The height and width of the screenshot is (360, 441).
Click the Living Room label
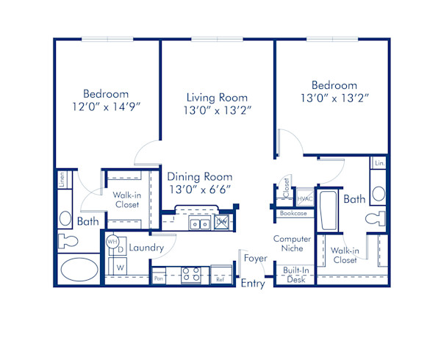coord(217,98)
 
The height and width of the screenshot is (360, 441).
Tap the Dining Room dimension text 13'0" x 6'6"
coord(200,189)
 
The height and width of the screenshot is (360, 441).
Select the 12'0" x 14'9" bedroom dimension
coord(106,106)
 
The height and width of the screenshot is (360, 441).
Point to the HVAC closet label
coord(305,199)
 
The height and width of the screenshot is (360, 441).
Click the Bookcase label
coord(293,213)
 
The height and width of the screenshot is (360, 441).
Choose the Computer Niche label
coord(293,243)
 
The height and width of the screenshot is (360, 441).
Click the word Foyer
coord(256,259)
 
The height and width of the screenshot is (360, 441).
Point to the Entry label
coord(253,284)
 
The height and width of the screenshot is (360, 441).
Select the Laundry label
coord(146,248)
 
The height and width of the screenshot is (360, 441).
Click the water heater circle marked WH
coord(112,241)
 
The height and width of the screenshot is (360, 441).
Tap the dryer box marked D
coord(121,250)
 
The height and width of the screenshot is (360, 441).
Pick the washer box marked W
coord(120,267)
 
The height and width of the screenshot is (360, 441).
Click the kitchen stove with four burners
coord(191,274)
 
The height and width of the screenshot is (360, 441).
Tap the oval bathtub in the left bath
coord(79,269)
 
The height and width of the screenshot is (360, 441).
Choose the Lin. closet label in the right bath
coord(379,162)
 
